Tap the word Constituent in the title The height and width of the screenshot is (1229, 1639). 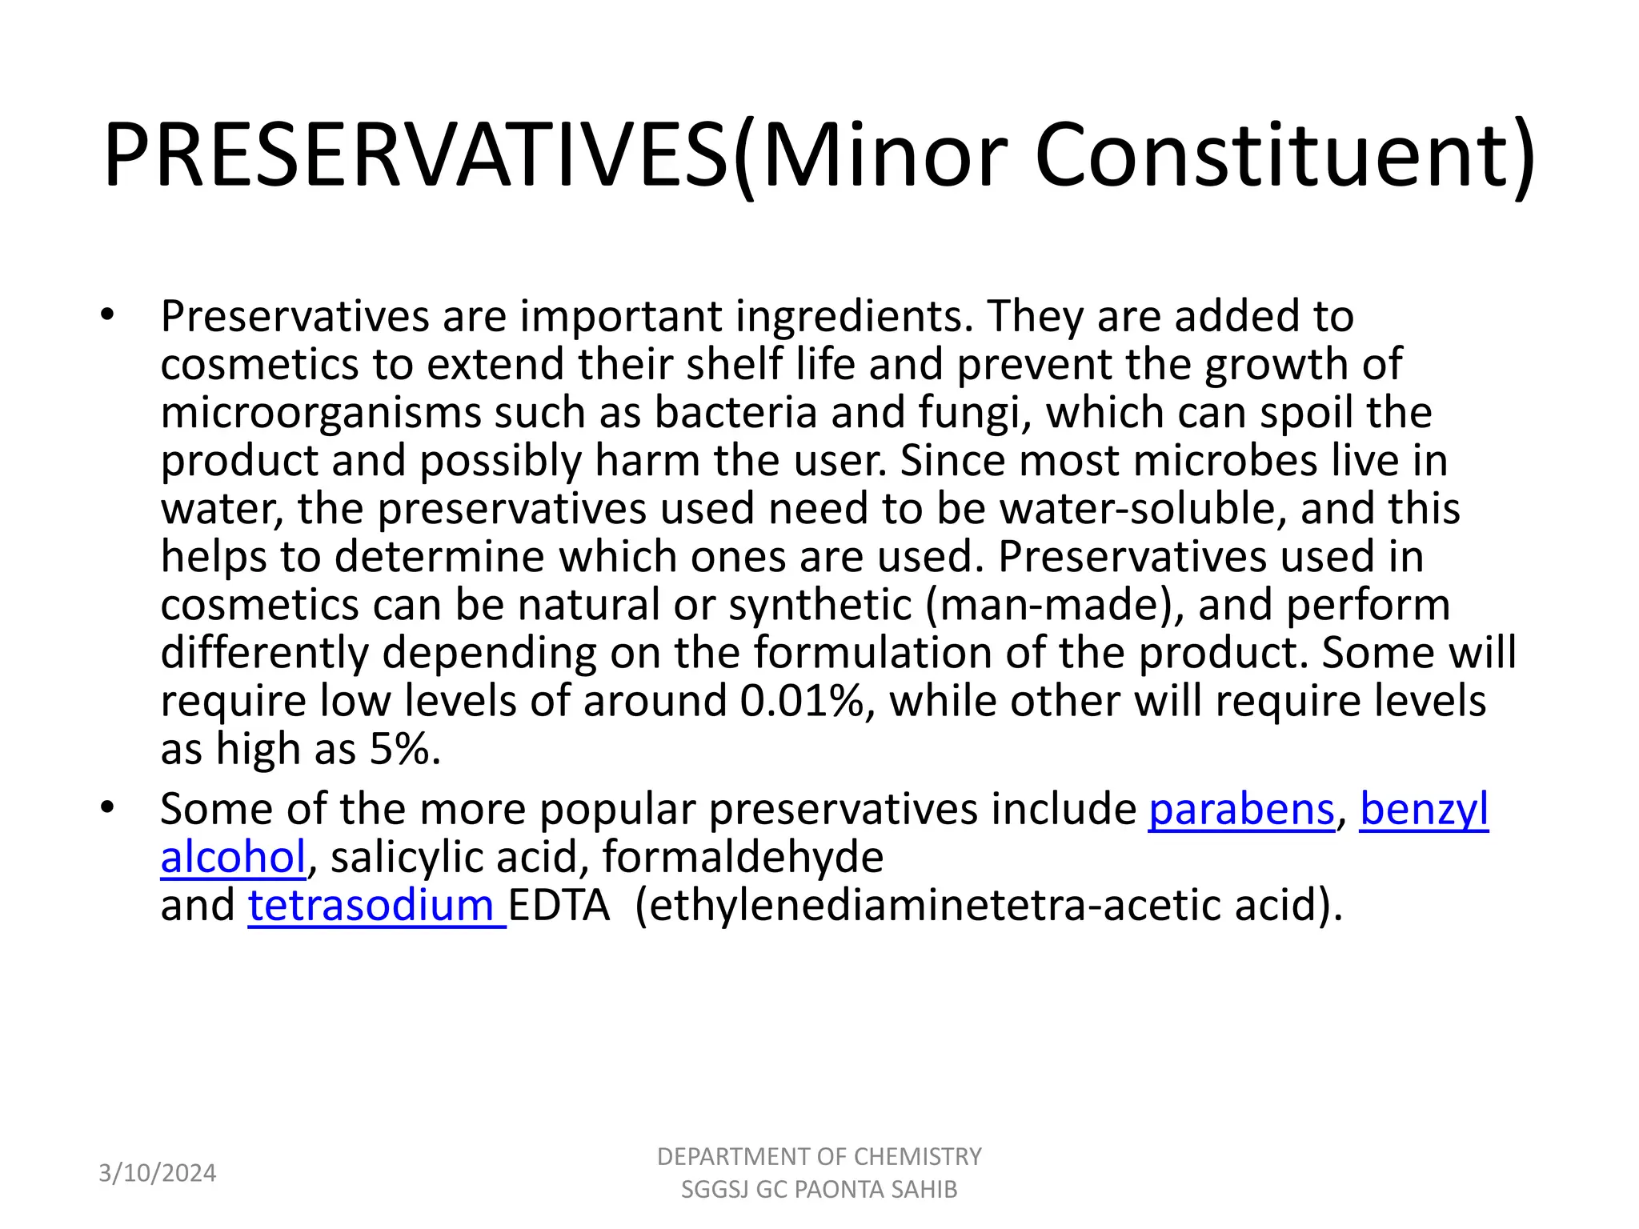[1284, 155]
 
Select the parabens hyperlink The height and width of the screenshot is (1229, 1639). [1241, 809]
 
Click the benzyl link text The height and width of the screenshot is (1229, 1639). [1424, 809]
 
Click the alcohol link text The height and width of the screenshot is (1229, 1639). [233, 857]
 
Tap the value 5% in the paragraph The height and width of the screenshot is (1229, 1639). [403, 749]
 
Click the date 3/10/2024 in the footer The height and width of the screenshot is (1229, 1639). [157, 1173]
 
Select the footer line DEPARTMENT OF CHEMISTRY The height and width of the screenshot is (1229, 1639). [819, 1157]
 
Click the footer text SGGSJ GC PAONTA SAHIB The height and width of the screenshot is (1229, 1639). [819, 1190]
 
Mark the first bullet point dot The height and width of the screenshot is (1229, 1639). [108, 315]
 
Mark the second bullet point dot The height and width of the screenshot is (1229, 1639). [108, 807]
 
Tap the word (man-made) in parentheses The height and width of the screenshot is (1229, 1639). [1055, 605]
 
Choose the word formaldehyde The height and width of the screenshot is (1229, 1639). [742, 857]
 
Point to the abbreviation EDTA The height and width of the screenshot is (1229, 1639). [559, 905]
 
